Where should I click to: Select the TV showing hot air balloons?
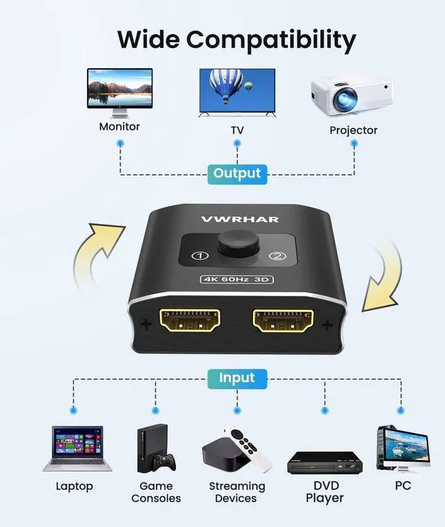click(x=236, y=92)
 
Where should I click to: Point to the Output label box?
click(x=236, y=173)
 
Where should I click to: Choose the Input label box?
click(x=236, y=378)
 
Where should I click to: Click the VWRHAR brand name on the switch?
click(x=239, y=219)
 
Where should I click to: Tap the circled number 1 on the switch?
click(x=201, y=256)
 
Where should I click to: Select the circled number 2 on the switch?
click(x=277, y=256)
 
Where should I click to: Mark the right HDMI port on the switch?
click(x=282, y=322)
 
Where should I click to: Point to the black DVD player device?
click(x=325, y=462)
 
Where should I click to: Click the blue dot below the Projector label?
click(x=354, y=143)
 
